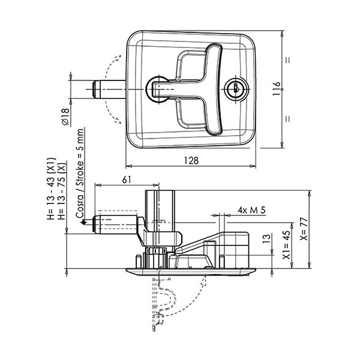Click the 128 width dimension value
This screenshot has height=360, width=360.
191,160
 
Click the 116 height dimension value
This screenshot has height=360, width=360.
277,89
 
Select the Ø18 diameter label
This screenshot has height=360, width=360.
65,117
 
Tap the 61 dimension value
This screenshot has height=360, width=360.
127,180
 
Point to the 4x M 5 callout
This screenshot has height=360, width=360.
251,210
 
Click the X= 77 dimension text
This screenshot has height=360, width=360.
305,229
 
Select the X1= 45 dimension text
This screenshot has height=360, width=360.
287,245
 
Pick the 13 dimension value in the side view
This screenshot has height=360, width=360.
266,239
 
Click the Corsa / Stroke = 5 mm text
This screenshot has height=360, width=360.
80,173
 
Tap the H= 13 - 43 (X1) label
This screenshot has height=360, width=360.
52,188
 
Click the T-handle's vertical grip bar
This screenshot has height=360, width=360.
214,89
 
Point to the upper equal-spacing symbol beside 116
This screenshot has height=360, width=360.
287,59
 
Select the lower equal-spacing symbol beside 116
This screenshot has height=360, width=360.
287,119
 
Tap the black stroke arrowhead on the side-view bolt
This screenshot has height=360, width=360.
83,222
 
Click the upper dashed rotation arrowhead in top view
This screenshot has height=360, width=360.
118,58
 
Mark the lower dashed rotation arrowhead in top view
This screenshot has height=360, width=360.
118,121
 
